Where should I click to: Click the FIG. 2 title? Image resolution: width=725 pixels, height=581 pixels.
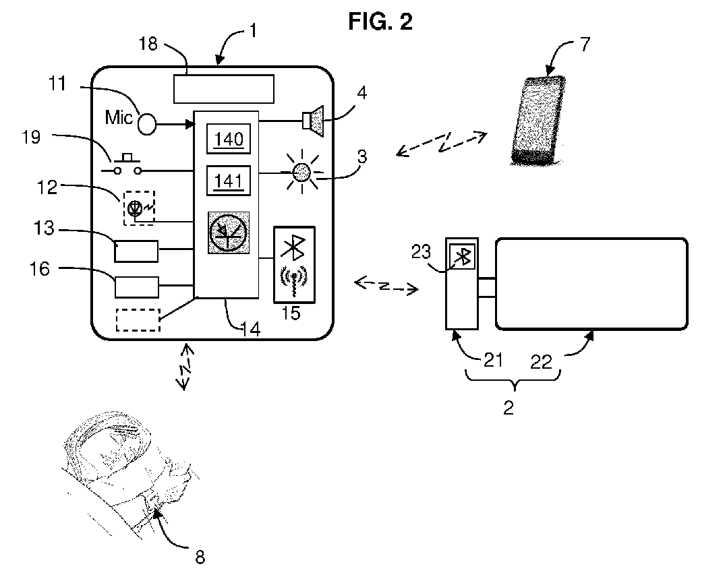(380, 22)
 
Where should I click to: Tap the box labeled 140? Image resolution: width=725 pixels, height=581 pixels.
(229, 139)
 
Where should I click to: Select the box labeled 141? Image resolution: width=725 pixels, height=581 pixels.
(229, 181)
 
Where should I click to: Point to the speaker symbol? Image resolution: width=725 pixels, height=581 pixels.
(313, 121)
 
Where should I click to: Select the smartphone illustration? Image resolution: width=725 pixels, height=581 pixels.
(538, 120)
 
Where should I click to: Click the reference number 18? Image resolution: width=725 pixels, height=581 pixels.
(148, 43)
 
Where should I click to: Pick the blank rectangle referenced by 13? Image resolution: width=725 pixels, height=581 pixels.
(136, 251)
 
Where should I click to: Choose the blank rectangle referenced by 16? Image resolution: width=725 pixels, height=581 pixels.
(137, 286)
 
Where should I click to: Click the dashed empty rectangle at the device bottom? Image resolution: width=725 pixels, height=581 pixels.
(138, 320)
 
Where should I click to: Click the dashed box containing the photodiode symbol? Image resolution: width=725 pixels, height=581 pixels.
(139, 208)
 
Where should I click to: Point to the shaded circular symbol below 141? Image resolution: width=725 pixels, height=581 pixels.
(229, 233)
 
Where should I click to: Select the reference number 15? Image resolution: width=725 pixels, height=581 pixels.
(291, 313)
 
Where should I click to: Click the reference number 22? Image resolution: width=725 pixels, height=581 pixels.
(541, 361)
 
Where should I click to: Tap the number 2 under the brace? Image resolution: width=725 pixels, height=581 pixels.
(508, 408)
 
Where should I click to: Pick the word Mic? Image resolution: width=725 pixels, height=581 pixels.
(119, 117)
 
